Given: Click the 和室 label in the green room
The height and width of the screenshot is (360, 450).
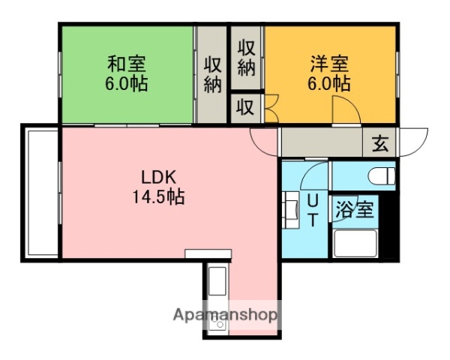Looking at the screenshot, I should pyautogui.click(x=126, y=63).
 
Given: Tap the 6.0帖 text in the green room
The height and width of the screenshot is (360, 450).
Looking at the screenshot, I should pyautogui.click(x=126, y=82).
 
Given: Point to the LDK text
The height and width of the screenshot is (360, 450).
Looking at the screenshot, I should pyautogui.click(x=158, y=178).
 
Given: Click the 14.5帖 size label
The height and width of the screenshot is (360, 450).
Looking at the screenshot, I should pyautogui.click(x=158, y=198).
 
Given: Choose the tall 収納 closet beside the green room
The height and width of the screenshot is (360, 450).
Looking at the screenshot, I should pyautogui.click(x=212, y=74).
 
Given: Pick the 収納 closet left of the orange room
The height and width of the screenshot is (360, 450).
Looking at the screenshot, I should pyautogui.click(x=247, y=56).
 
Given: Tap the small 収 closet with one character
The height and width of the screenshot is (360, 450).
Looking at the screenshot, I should pyautogui.click(x=245, y=106).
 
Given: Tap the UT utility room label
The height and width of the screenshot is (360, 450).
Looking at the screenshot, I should pyautogui.click(x=314, y=209).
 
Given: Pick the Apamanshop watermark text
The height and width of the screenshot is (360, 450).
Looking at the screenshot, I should pyautogui.click(x=226, y=315).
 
